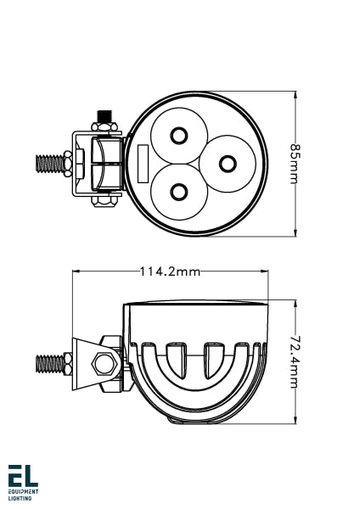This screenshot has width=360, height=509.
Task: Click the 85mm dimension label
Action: pos(295,163)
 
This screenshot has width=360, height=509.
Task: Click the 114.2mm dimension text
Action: pos(170,271)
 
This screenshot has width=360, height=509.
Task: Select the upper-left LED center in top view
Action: pos(179,136)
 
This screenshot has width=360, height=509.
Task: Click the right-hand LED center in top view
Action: pos(228,162)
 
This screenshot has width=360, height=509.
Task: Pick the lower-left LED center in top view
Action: pos(179,190)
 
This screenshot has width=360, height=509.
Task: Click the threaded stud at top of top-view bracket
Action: pos(106,115)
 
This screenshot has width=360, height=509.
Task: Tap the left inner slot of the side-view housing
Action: pos(177,360)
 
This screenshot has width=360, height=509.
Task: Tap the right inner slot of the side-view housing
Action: pos(212,360)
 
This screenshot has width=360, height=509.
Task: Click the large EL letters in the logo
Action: pos(23,477)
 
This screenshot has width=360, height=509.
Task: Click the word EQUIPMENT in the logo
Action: pos(23,492)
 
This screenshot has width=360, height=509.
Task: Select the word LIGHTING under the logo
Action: pos(20,499)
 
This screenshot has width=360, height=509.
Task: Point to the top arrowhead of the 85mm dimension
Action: pos(295,94)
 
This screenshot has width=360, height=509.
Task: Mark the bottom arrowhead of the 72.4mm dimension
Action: pos(295,419)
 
